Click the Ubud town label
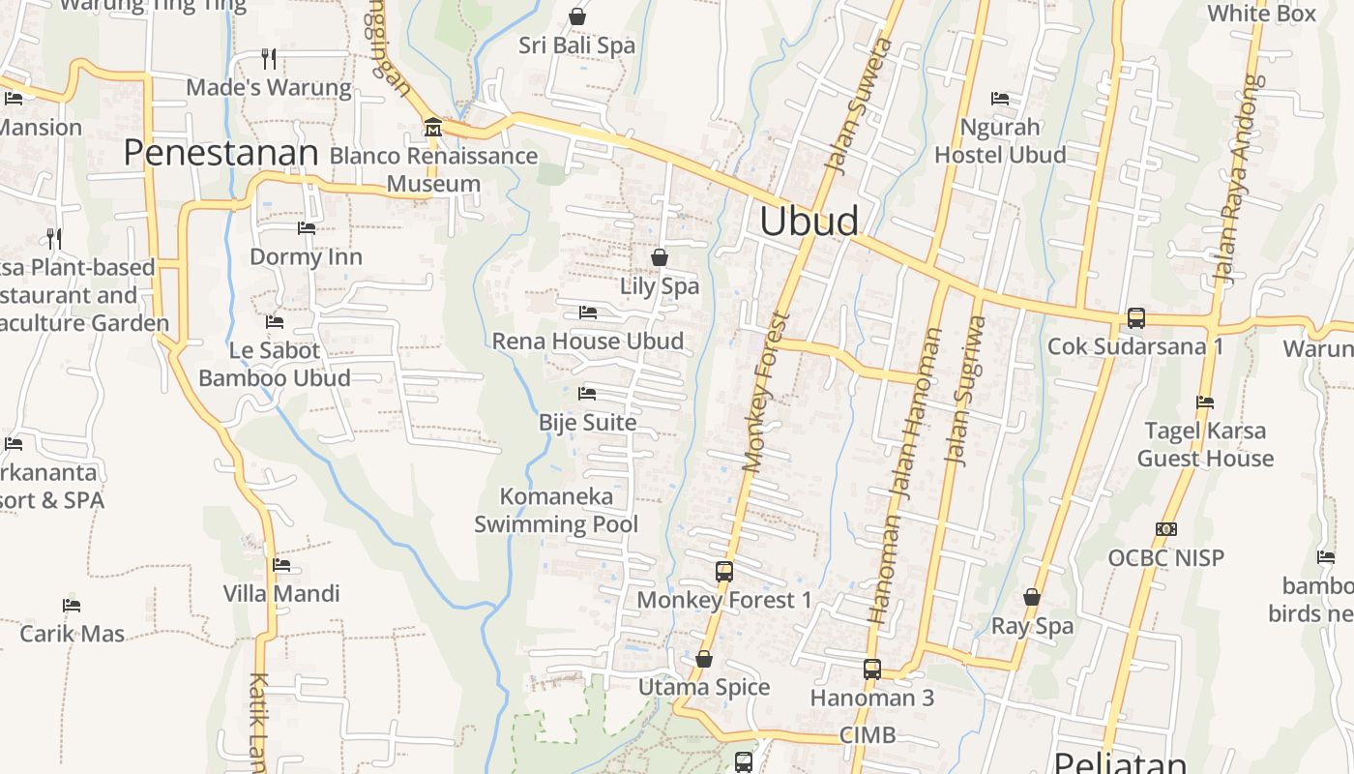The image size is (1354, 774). tap(809, 222)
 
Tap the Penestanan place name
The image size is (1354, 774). tap(221, 153)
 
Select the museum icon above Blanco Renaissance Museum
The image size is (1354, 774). tap(432, 127)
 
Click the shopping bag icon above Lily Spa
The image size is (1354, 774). tap(660, 257)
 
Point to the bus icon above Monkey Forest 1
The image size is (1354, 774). tap(724, 571)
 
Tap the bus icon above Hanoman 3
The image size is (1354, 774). tap(871, 669)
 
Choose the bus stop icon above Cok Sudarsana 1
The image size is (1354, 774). tap(1136, 317)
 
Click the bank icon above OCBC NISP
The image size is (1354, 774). tap(1166, 529)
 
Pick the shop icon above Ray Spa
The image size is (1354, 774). tap(1032, 597)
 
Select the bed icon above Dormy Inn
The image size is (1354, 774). tap(306, 228)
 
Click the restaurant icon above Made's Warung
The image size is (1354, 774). tap(269, 59)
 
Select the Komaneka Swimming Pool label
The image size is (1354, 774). tap(556, 511)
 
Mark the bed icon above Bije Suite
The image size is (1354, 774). tap(587, 394)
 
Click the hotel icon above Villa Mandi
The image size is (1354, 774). tap(281, 565)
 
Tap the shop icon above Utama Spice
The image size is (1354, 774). tap(704, 659)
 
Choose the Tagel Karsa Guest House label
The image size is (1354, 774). tap(1205, 444)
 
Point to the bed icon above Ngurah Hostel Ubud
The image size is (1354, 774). tap(1000, 99)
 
